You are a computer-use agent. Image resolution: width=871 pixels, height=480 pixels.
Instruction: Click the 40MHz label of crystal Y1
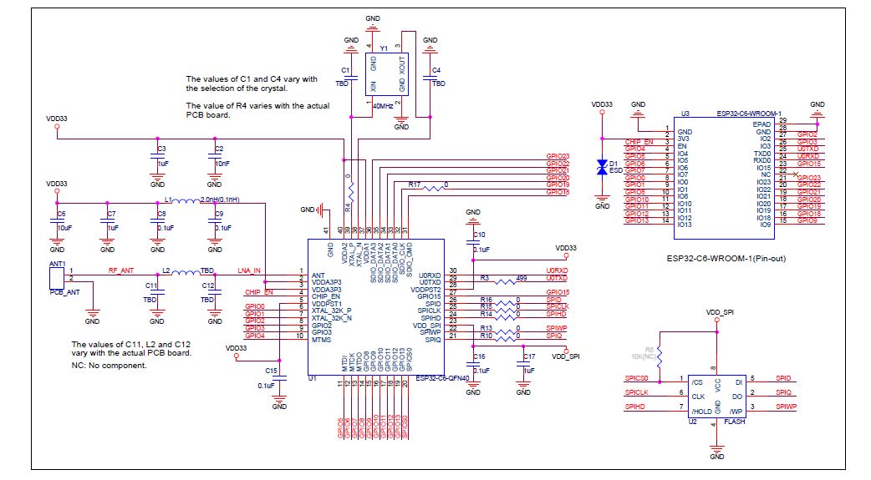(383, 106)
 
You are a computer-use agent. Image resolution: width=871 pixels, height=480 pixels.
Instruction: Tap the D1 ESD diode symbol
(602, 167)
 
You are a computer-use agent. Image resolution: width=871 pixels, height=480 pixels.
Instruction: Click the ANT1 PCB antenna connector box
(58, 276)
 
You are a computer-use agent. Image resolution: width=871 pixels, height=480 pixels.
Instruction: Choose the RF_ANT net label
(121, 270)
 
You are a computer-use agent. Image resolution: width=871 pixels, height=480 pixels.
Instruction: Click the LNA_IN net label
(249, 270)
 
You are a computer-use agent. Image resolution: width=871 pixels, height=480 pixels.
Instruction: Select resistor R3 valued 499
(505, 282)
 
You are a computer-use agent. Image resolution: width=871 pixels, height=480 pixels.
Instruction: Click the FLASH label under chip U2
(735, 422)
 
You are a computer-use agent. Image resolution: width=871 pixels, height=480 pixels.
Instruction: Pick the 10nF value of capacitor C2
(221, 164)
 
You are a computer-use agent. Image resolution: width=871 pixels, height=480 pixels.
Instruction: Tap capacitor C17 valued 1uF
(523, 364)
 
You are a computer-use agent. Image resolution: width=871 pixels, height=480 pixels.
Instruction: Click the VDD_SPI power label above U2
(719, 311)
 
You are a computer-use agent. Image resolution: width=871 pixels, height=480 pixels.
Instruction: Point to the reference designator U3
(685, 113)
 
